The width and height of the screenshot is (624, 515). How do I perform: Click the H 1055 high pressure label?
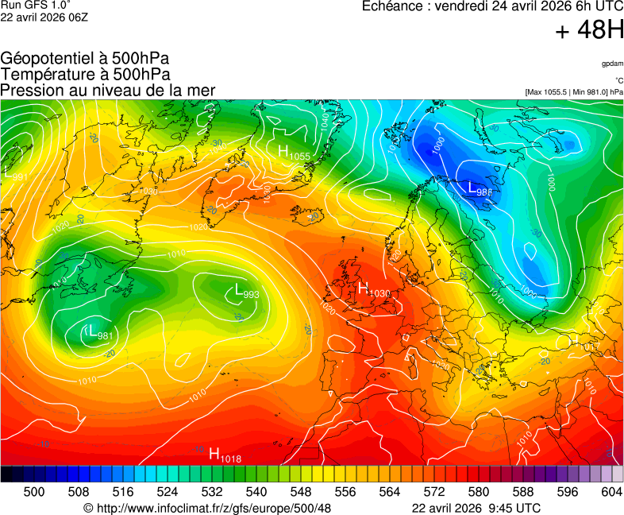point(294,151)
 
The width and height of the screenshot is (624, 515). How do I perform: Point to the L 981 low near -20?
point(99,332)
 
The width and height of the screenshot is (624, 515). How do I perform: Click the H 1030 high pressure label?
point(375,290)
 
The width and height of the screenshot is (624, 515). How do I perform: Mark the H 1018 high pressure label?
point(225,455)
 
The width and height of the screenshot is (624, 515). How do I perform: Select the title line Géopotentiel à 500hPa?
point(85,59)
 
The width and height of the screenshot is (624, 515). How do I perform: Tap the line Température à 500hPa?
point(85,75)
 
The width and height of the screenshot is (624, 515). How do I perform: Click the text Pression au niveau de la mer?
point(108,91)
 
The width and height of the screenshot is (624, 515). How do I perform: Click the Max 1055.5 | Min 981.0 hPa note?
point(574,92)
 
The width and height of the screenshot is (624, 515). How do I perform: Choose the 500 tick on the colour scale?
point(34,492)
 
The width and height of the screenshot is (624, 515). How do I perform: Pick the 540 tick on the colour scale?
point(256,492)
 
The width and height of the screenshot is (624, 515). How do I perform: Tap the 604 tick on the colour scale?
point(611,492)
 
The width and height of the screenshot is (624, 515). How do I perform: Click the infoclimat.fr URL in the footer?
point(207,507)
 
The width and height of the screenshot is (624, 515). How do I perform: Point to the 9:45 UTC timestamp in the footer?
point(517,507)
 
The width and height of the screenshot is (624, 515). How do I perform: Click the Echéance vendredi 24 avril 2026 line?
point(492,6)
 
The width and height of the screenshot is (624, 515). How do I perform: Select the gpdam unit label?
point(612,64)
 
